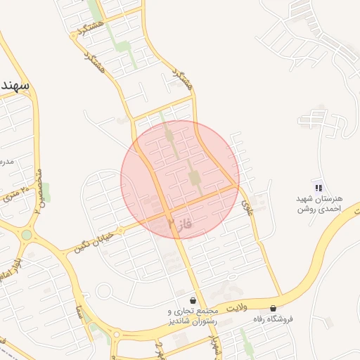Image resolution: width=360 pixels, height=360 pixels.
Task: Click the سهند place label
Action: tap(13, 85)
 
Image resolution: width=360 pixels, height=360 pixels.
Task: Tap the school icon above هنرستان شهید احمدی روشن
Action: tap(319, 188)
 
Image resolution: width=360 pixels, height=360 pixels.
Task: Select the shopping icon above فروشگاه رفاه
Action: tap(273, 308)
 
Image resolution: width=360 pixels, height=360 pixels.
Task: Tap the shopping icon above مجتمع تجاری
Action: tap(193, 300)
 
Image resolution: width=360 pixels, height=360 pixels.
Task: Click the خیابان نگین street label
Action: tap(92, 241)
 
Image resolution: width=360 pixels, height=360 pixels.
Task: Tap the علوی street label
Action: tap(246, 206)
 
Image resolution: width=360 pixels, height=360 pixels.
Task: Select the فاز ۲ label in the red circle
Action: tap(180, 224)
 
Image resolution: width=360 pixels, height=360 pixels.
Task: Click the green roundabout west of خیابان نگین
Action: tap(27, 234)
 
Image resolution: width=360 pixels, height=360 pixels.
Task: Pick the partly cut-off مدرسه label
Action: tap(6, 162)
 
